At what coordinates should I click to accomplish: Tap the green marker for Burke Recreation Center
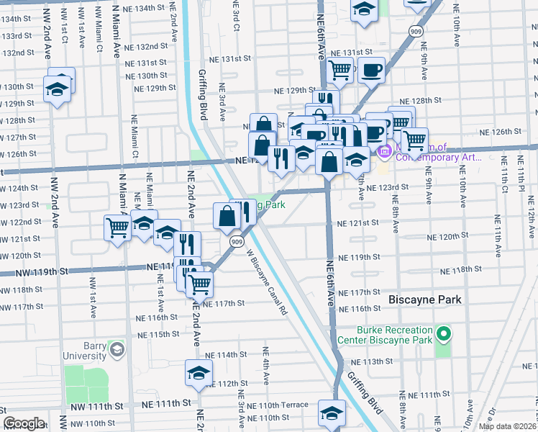[x=444, y=333]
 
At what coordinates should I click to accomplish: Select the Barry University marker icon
[x=117, y=350]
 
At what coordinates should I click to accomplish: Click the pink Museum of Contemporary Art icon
[x=384, y=150]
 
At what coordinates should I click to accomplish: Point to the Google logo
[x=24, y=423]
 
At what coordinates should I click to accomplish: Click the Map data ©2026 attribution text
[x=508, y=426]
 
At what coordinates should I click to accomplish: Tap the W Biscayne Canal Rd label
[x=267, y=282]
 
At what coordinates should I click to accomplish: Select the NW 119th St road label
[x=43, y=271]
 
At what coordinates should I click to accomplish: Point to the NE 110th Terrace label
[x=278, y=405]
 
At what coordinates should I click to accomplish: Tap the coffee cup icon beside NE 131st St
[x=371, y=70]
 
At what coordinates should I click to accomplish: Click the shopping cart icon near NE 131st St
[x=338, y=70]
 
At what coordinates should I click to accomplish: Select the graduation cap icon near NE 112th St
[x=199, y=372]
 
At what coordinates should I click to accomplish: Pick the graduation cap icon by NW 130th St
[x=56, y=89]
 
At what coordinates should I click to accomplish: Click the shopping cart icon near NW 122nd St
[x=117, y=228]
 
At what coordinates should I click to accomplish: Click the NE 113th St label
[x=370, y=361]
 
